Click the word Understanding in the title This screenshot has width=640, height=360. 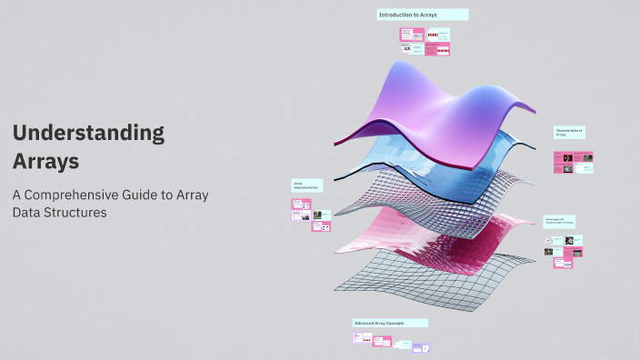tap(88, 134)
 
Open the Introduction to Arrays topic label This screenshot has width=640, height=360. tap(423, 15)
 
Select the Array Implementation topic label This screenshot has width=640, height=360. tap(306, 185)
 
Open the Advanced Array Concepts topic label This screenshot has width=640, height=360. tap(390, 323)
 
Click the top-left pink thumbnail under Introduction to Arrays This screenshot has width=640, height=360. tap(405, 35)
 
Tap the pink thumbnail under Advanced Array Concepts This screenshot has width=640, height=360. tap(382, 341)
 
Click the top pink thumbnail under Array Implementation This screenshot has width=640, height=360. tap(301, 205)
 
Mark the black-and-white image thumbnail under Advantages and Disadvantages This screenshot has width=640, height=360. tap(568, 241)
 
